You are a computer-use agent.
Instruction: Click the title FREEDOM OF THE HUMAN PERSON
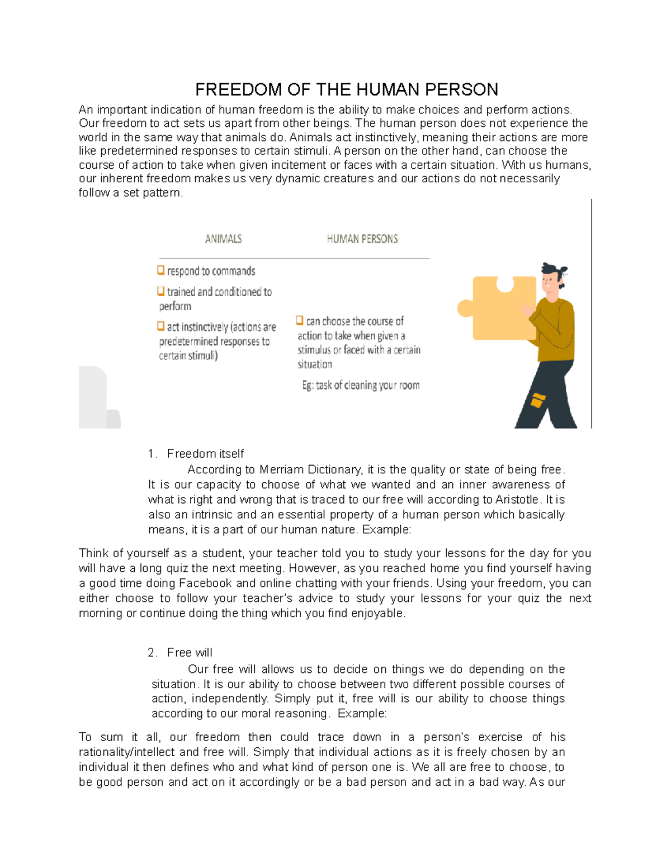click(346, 89)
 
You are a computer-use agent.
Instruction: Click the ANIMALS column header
click(223, 239)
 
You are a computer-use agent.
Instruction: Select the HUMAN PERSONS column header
click(362, 239)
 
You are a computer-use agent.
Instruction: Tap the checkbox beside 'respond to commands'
click(161, 271)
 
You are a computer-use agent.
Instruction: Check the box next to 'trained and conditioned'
click(161, 291)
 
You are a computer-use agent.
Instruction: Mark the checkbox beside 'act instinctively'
click(161, 326)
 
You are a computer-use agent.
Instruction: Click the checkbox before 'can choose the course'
click(300, 320)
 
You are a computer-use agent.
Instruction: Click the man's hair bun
click(561, 271)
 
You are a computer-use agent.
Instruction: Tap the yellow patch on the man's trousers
click(537, 400)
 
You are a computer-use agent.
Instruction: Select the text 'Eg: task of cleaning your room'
click(361, 385)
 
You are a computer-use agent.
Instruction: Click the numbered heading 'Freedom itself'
click(205, 454)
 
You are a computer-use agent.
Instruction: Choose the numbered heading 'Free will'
click(190, 653)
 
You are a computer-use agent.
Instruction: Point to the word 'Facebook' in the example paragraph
click(205, 584)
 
